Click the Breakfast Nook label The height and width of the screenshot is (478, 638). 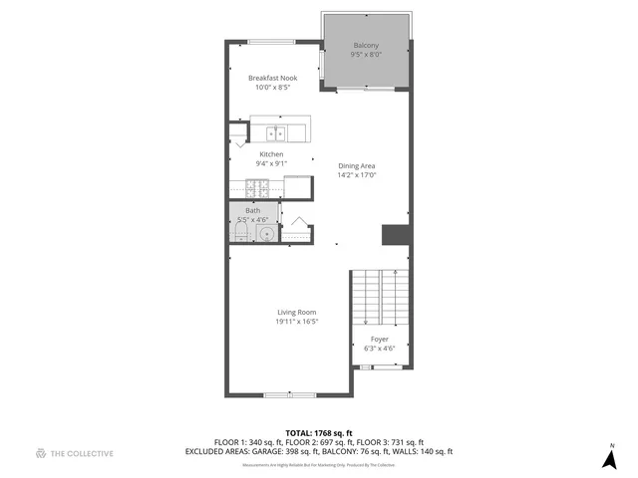272,78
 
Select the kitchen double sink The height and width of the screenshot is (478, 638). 275,131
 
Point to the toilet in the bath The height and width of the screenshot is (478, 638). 240,233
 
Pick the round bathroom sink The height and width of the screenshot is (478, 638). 265,233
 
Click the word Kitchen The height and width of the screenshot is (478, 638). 271,154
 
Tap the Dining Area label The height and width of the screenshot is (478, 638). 356,165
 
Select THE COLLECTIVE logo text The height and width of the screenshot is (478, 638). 82,453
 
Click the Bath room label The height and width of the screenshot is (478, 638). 252,210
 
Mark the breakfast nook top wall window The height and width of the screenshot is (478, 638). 270,41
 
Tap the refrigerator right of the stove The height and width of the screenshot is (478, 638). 297,185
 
